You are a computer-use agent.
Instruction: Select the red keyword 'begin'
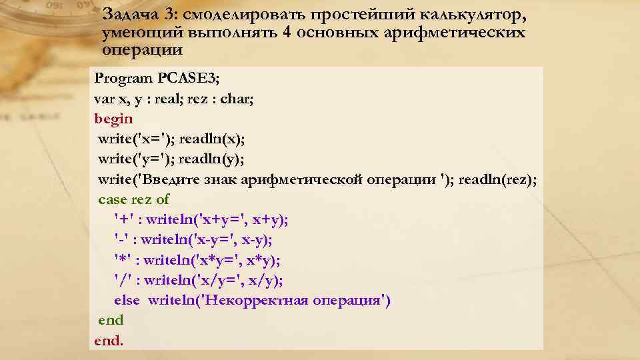pyautogui.click(x=114, y=119)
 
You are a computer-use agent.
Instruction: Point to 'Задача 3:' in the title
pyautogui.click(x=139, y=15)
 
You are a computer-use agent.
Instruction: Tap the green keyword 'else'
pyautogui.click(x=127, y=300)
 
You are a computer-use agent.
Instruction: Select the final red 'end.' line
pyautogui.click(x=109, y=341)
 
